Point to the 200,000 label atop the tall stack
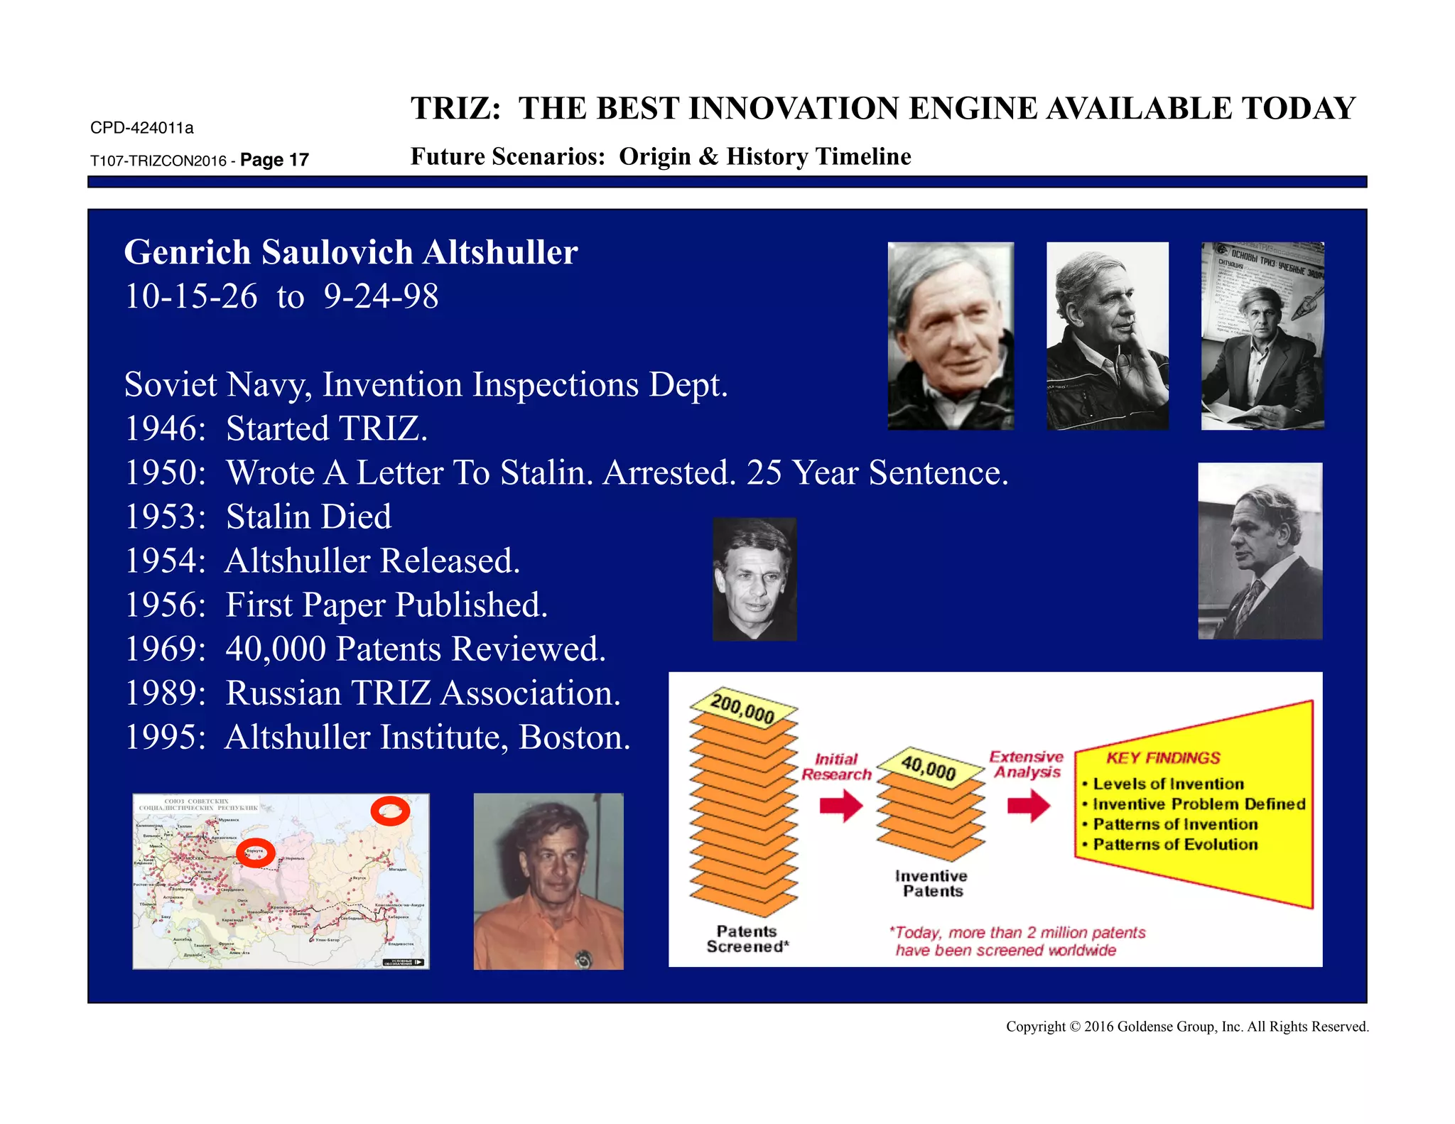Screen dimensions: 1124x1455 (x=742, y=708)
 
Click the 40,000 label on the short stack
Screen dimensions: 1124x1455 (x=929, y=768)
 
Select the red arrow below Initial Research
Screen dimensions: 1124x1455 (x=841, y=806)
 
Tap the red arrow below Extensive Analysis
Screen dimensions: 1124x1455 (x=1029, y=806)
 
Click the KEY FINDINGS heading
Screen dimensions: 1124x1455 (x=1163, y=758)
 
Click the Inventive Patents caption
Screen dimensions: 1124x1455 (x=931, y=884)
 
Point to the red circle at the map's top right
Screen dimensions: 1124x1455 (x=390, y=811)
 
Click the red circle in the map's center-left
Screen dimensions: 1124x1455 (x=255, y=853)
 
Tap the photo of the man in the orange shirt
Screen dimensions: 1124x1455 (x=548, y=881)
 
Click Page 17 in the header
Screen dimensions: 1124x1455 (x=274, y=160)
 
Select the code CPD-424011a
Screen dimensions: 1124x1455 (x=141, y=128)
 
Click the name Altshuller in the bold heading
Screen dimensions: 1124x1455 (x=499, y=252)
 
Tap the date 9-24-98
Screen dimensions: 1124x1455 (x=381, y=296)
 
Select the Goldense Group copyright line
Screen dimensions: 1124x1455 (x=1186, y=1027)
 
